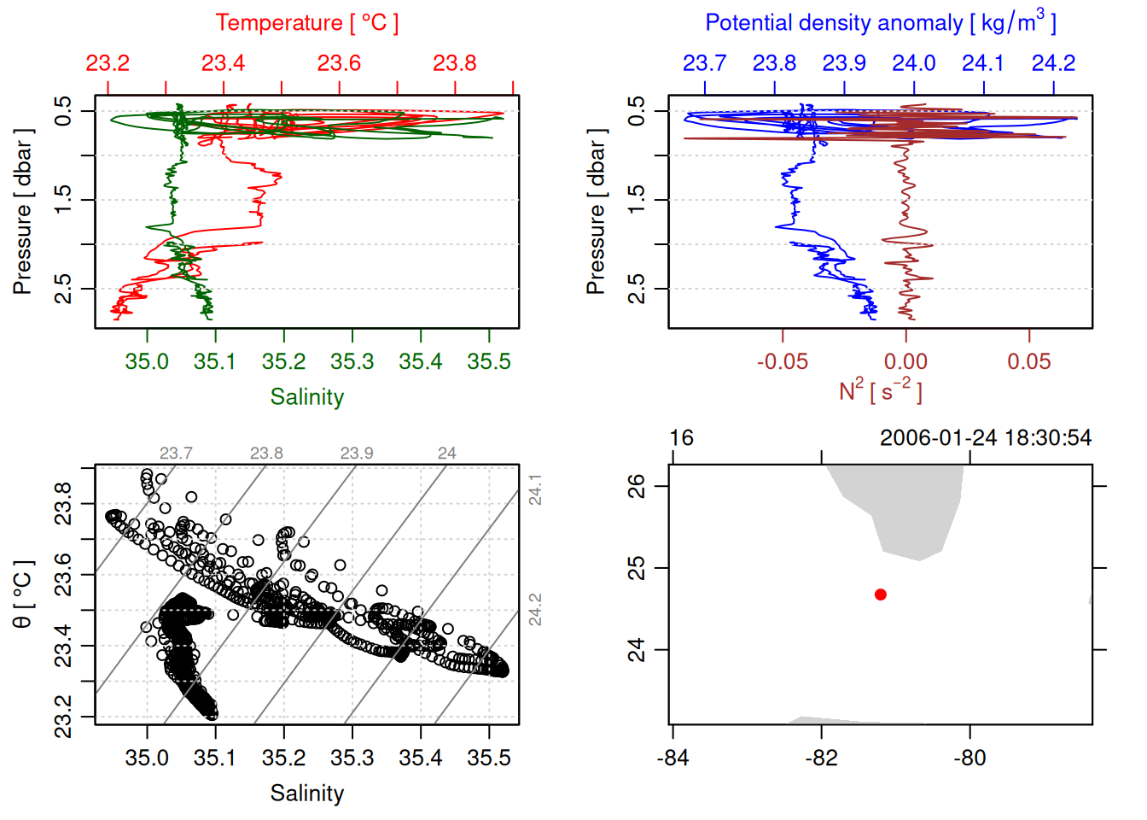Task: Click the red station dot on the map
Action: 881,594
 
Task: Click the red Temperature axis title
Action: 306,23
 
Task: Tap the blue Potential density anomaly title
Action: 880,22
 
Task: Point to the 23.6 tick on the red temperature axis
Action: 339,63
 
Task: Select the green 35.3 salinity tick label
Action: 352,361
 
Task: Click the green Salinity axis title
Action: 306,397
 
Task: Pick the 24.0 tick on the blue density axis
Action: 914,63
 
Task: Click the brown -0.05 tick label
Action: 782,361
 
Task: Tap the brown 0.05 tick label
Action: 1029,361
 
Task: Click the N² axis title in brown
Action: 880,390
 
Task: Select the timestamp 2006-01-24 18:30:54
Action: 985,438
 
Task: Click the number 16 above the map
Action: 681,438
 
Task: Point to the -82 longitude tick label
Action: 821,758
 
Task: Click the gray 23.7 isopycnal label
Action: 176,454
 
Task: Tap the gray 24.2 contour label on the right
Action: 535,610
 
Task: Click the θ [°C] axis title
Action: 23,594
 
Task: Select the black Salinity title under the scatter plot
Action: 306,794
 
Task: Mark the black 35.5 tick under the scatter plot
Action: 488,758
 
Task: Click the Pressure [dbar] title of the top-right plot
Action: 597,212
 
